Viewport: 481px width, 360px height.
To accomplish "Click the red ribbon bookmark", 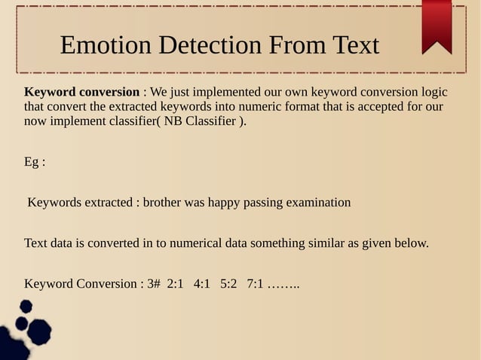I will click(437, 26).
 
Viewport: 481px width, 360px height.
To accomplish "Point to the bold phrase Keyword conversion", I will click(81, 93).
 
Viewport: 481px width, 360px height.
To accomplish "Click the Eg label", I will click(33, 162).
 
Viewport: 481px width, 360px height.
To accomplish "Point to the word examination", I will click(319, 203).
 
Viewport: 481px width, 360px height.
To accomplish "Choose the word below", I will click(411, 243).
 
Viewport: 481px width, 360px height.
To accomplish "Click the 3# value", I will click(154, 284).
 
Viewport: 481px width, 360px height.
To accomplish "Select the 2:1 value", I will click(176, 284).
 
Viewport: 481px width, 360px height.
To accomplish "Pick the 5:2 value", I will click(228, 284).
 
